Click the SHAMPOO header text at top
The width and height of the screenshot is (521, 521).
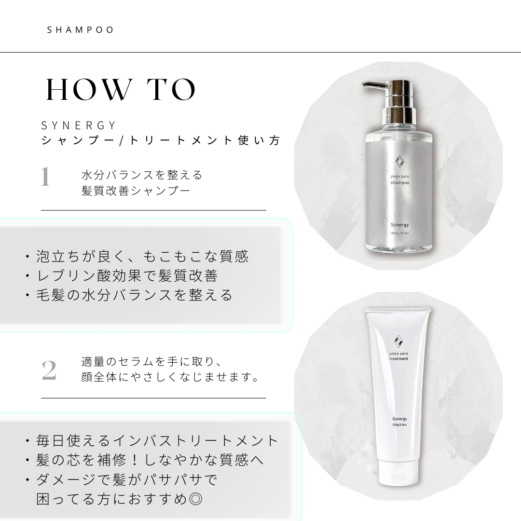(x=81, y=30)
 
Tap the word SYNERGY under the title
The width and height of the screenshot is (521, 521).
(x=79, y=125)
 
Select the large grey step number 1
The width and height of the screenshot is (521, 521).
(x=45, y=177)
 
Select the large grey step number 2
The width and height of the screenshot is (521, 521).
(x=49, y=370)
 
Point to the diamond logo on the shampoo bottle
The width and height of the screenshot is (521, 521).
(x=399, y=163)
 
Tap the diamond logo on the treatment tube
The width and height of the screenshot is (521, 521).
(x=398, y=341)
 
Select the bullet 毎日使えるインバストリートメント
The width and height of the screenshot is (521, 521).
(x=152, y=440)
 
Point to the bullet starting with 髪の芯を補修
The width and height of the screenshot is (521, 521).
(x=144, y=460)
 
